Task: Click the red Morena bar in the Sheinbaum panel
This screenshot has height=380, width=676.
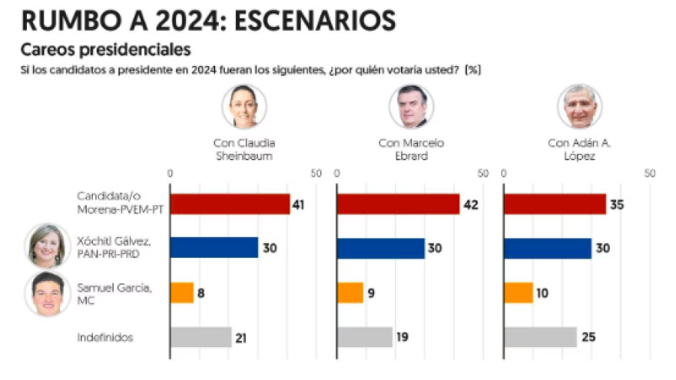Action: coord(230,204)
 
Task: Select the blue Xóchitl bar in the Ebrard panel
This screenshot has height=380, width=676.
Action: coord(380,248)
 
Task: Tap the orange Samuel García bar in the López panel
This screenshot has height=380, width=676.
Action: coord(518,293)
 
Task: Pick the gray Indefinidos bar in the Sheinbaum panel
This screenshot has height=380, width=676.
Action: coord(200,337)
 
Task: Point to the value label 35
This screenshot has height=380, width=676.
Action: coord(617,204)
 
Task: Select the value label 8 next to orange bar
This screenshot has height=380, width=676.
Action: coord(201,293)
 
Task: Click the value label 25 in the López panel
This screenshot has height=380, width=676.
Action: coord(588,337)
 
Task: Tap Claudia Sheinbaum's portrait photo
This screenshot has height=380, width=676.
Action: coord(244,106)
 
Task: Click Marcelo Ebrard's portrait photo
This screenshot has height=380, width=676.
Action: coord(411,106)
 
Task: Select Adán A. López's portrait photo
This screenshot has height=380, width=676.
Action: coord(579,106)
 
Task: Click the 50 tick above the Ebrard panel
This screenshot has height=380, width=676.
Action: coord(483,173)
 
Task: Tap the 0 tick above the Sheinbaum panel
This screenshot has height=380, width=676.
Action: coord(170,173)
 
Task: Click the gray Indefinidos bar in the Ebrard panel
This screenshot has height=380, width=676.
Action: coord(365,337)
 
